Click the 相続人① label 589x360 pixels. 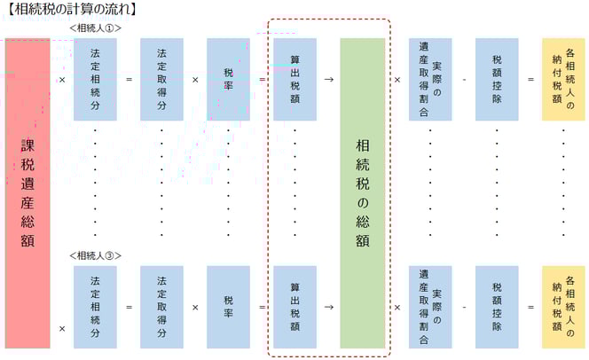[95, 27]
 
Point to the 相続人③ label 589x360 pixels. [95, 255]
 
